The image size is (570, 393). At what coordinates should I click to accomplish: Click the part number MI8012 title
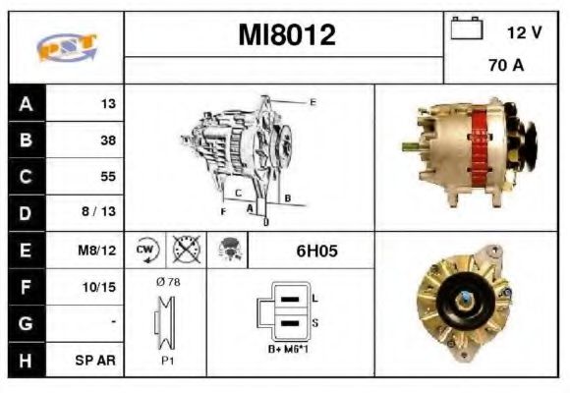coord(286,35)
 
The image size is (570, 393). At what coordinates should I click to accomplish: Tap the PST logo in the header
coord(66,48)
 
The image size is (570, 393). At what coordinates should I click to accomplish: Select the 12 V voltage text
coord(524,32)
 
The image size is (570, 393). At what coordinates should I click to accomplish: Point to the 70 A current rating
coord(505,66)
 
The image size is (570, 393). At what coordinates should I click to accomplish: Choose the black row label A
coord(26,104)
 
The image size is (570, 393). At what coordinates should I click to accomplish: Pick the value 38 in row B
coord(107,140)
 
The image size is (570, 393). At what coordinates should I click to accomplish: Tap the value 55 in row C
coord(107,177)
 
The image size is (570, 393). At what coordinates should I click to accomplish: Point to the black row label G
coord(26,323)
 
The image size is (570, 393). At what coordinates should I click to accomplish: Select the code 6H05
coord(316,251)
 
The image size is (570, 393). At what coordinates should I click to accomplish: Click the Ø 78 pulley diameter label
coord(167,282)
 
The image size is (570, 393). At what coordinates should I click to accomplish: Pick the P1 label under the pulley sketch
coord(168,360)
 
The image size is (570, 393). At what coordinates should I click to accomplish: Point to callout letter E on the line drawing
coord(313,102)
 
